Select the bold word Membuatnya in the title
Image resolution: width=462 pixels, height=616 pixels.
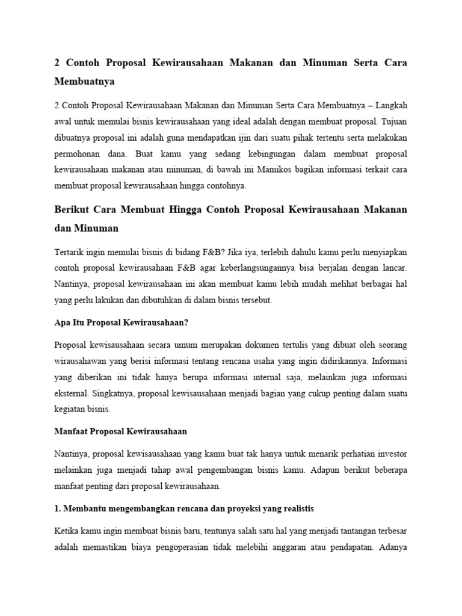coord(84,80)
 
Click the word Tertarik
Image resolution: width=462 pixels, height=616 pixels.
coord(69,251)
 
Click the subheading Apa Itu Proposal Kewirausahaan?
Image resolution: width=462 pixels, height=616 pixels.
coord(121,323)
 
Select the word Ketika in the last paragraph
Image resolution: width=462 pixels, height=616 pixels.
coord(67,531)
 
